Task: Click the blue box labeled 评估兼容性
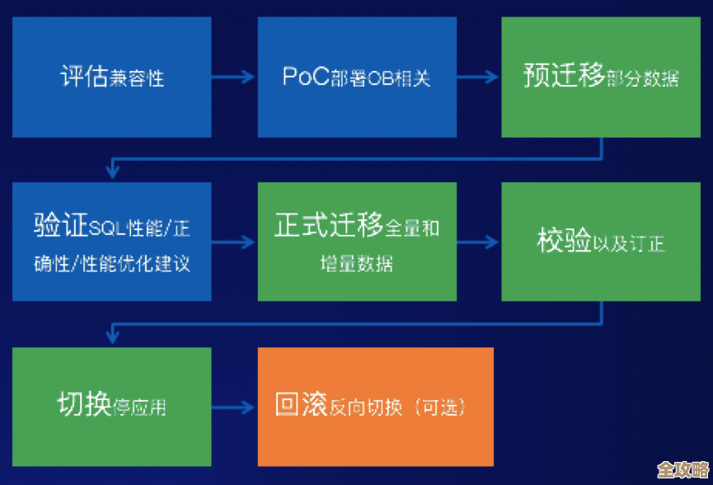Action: (x=111, y=77)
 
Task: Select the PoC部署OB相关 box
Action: (x=356, y=77)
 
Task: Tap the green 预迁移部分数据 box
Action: (x=602, y=77)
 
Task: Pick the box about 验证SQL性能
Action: (x=111, y=242)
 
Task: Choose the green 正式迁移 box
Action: (x=356, y=242)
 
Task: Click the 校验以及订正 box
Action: (x=602, y=242)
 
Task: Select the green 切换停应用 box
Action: (x=111, y=407)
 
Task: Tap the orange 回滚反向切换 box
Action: (x=375, y=407)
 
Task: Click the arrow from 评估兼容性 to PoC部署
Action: (x=234, y=78)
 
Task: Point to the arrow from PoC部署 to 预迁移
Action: (x=478, y=78)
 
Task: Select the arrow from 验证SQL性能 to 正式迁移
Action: (x=234, y=242)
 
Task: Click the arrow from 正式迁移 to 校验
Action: (x=478, y=242)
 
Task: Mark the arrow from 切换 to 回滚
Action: (x=234, y=407)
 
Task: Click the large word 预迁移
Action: (x=564, y=76)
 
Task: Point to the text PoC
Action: (x=305, y=77)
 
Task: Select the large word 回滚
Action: (x=301, y=406)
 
